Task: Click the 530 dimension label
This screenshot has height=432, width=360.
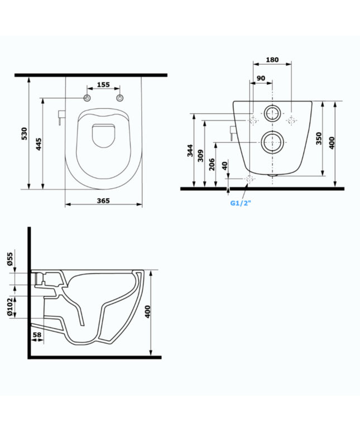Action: [25, 133]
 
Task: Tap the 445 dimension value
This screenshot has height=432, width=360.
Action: [39, 144]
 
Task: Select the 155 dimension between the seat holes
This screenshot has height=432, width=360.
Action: [104, 85]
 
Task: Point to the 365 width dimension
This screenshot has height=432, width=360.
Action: [103, 200]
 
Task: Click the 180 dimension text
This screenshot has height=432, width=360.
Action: [272, 60]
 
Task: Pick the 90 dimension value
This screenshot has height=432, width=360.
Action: [261, 78]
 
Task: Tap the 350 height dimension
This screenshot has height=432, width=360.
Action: [319, 138]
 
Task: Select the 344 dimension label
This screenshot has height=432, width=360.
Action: [190, 151]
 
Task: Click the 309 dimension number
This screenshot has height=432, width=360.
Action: [200, 156]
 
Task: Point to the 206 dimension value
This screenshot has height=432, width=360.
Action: [212, 165]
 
